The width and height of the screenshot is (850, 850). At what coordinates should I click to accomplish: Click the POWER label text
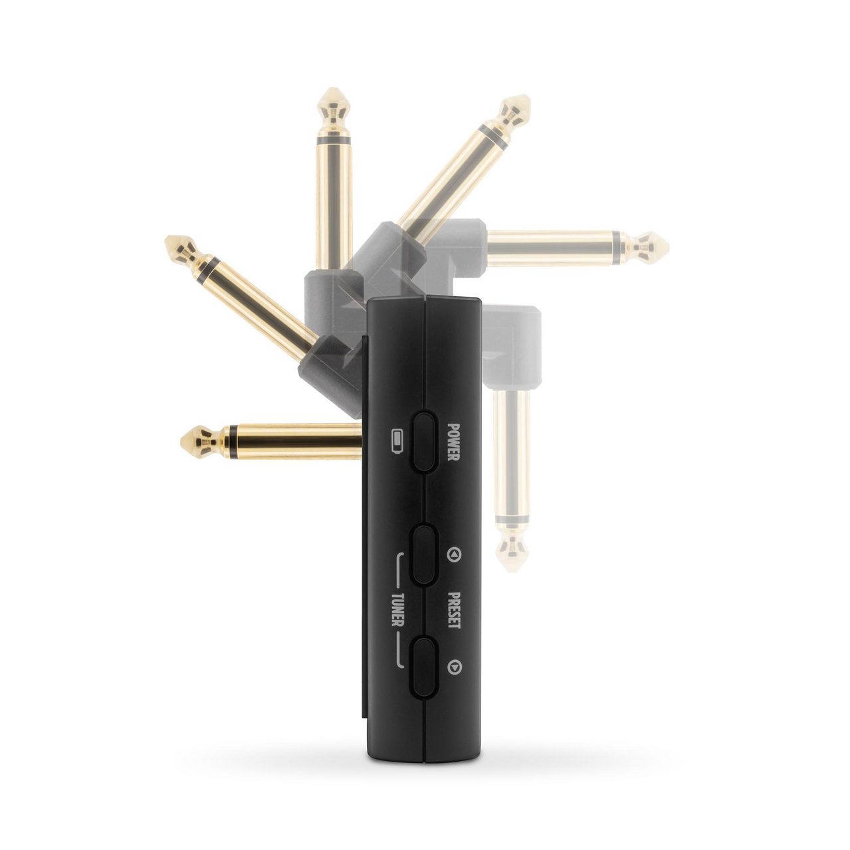pos(453,442)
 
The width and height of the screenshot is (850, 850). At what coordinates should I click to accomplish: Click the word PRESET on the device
pos(454,610)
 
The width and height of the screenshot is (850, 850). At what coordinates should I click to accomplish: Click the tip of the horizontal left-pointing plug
pos(181,440)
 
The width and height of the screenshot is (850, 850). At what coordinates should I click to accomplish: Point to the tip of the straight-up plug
pos(334,89)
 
